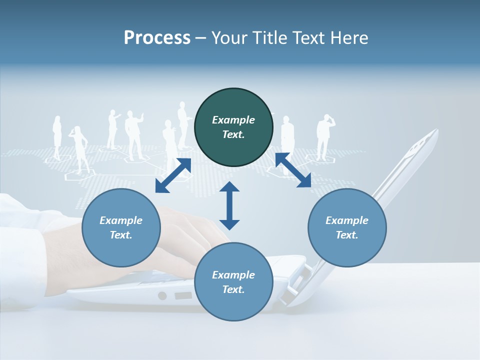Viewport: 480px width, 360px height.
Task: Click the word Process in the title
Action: click(157, 38)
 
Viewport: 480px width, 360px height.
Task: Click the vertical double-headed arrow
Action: click(229, 205)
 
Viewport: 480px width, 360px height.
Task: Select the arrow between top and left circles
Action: click(173, 175)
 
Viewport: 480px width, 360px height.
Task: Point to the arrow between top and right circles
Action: click(293, 170)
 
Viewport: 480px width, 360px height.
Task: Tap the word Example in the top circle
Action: click(233, 120)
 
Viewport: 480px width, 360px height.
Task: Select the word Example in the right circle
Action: click(347, 220)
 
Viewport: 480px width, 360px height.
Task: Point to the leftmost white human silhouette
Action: click(57, 137)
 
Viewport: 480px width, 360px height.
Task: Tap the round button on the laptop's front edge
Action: click(162, 295)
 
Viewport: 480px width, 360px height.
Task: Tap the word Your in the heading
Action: click(229, 38)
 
